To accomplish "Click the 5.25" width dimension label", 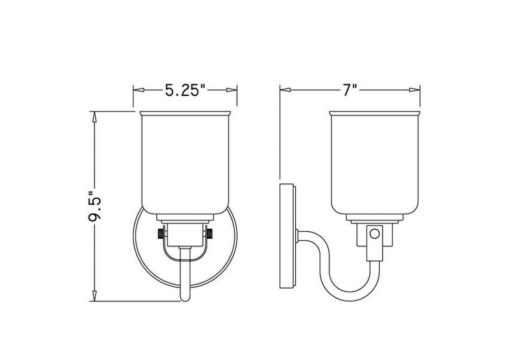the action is (x=186, y=90).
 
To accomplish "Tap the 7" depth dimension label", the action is (x=350, y=90).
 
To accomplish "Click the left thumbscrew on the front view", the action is (x=160, y=233).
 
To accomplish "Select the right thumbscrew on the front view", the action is (x=210, y=233).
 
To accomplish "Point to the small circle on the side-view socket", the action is (x=375, y=234).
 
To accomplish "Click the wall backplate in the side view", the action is (x=288, y=236).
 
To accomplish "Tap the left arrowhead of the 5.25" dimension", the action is (x=138, y=90).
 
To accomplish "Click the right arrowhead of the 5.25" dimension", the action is (x=232, y=90).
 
